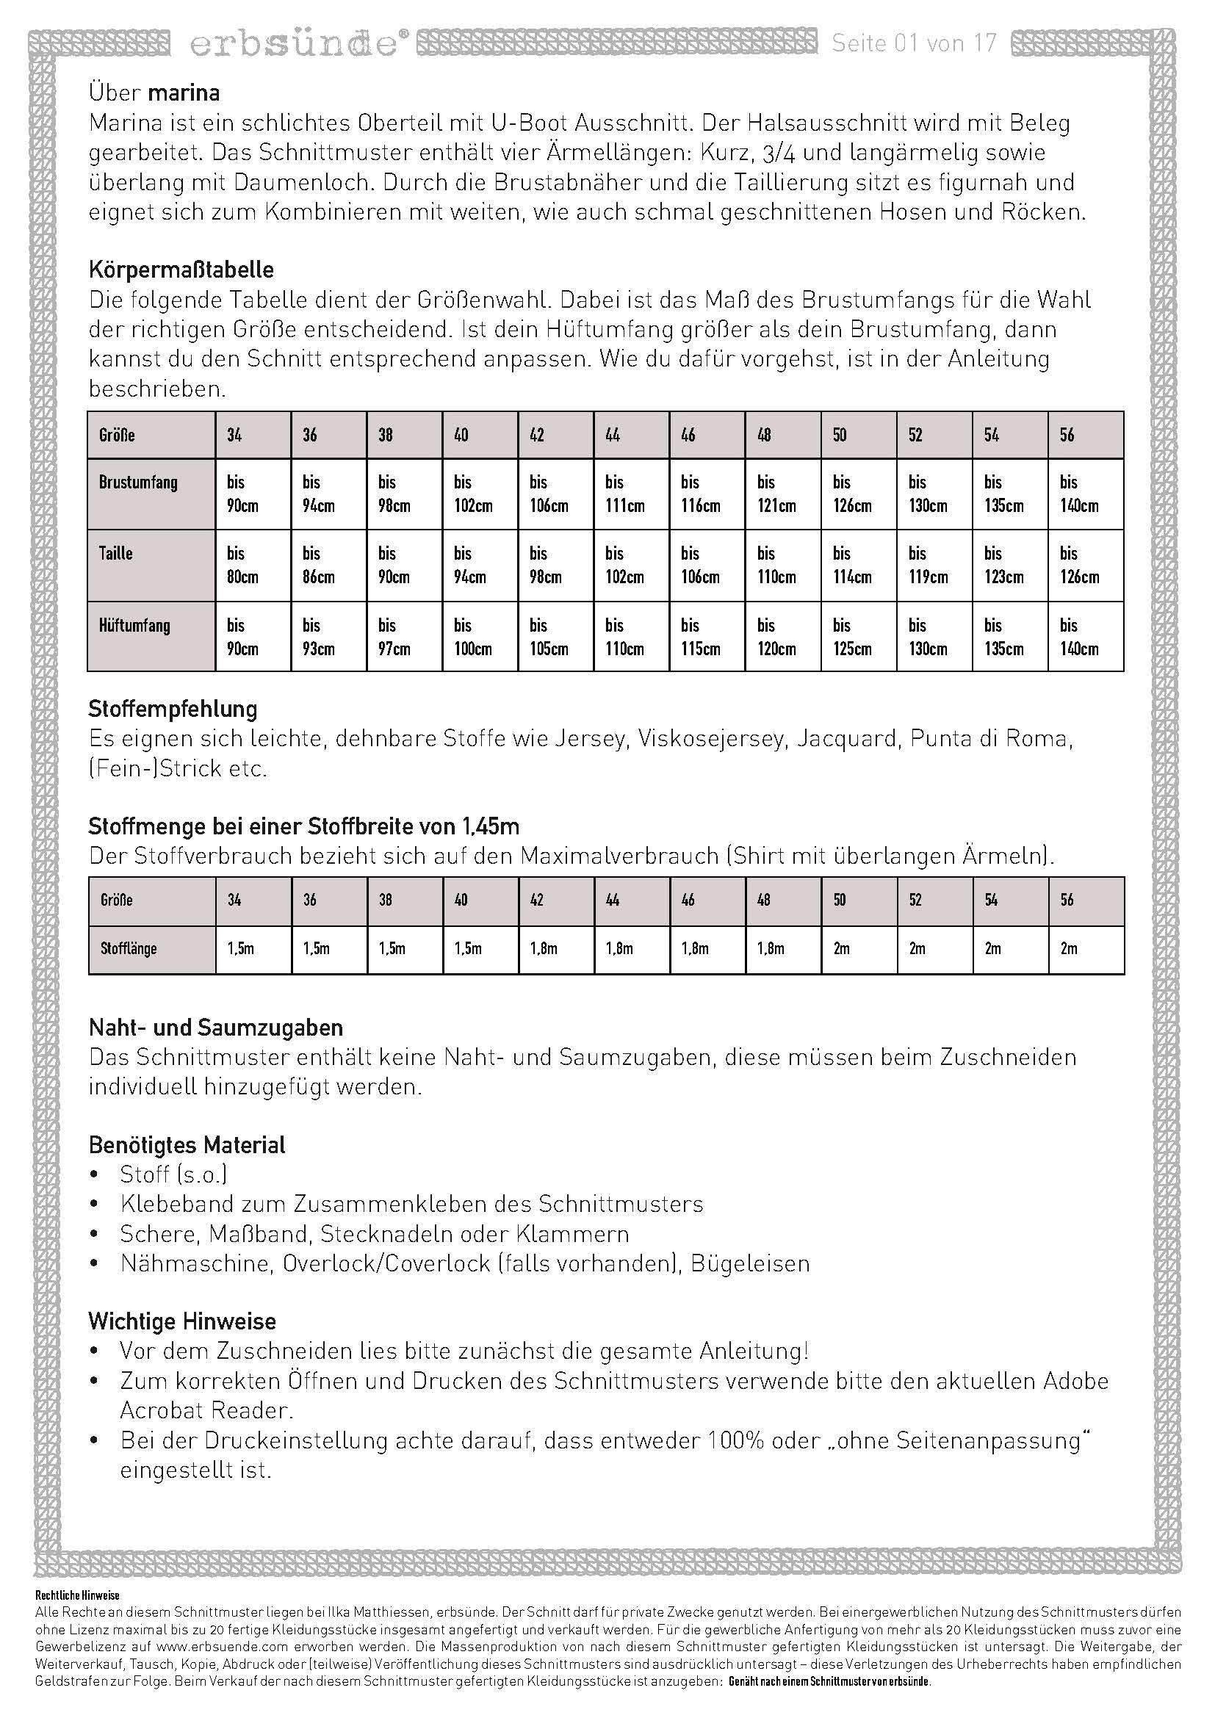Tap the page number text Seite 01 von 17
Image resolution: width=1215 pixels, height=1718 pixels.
pyautogui.click(x=915, y=43)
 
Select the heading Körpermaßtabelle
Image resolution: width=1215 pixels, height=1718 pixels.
pyautogui.click(x=181, y=270)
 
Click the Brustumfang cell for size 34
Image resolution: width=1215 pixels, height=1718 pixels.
pyautogui.click(x=252, y=494)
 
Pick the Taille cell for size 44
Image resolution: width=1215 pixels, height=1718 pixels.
pyautogui.click(x=631, y=565)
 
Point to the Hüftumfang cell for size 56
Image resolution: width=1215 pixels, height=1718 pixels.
pyautogui.click(x=1085, y=637)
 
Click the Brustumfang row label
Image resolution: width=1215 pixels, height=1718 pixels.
pyautogui.click(x=138, y=483)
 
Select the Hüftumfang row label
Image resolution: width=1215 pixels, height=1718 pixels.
pyautogui.click(x=134, y=626)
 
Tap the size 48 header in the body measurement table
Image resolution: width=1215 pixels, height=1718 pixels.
pyautogui.click(x=764, y=435)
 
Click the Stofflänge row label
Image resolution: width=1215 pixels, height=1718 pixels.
pyautogui.click(x=128, y=949)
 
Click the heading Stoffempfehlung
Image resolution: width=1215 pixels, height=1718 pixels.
pyautogui.click(x=173, y=709)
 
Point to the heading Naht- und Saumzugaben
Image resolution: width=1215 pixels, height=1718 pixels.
pyautogui.click(x=215, y=1028)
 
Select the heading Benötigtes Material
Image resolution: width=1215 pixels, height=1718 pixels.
pyautogui.click(x=187, y=1145)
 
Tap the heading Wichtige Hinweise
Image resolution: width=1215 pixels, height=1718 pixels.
pyautogui.click(x=181, y=1321)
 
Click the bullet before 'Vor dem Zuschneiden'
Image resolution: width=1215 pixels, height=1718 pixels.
pyautogui.click(x=94, y=1351)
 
